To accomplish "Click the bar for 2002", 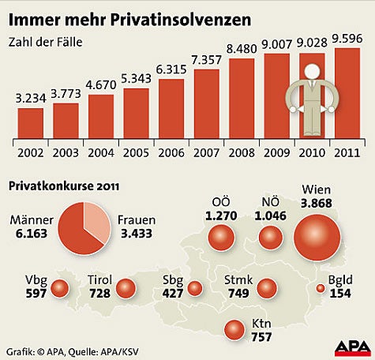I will pyautogui.click(x=31, y=122).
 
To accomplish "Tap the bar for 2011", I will pyautogui.click(x=348, y=92).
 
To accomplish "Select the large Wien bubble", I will pyautogui.click(x=318, y=238).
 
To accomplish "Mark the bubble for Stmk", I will pyautogui.click(x=268, y=288).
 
